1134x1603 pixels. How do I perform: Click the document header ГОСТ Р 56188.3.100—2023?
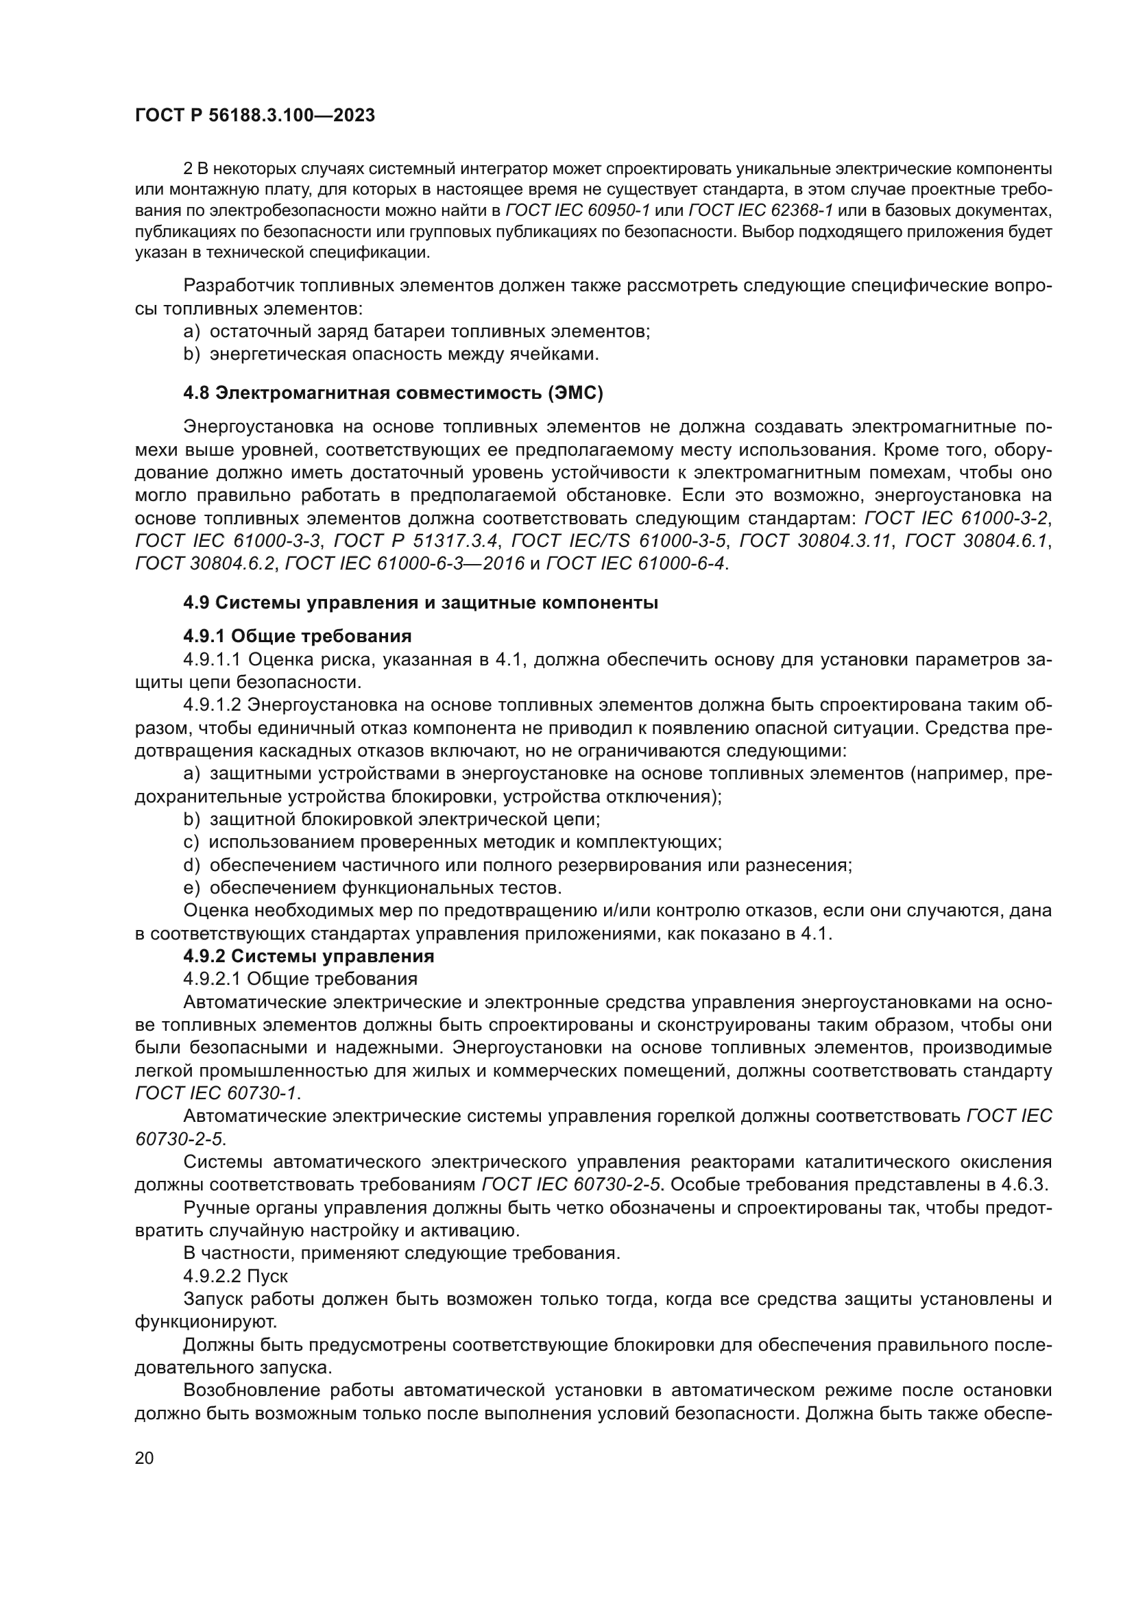click(x=255, y=116)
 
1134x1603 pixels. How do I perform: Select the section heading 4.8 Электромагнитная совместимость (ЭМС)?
click(x=393, y=393)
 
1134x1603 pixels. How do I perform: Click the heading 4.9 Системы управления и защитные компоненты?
click(x=420, y=602)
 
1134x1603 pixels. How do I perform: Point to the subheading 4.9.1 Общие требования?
click(x=297, y=636)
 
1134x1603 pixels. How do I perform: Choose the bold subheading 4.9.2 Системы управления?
click(x=309, y=956)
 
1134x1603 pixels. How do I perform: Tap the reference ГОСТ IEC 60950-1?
click(x=577, y=210)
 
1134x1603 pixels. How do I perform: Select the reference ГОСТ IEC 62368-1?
click(x=760, y=210)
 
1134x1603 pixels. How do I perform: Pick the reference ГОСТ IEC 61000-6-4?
click(x=636, y=563)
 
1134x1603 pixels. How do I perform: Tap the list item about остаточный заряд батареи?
click(x=416, y=331)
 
